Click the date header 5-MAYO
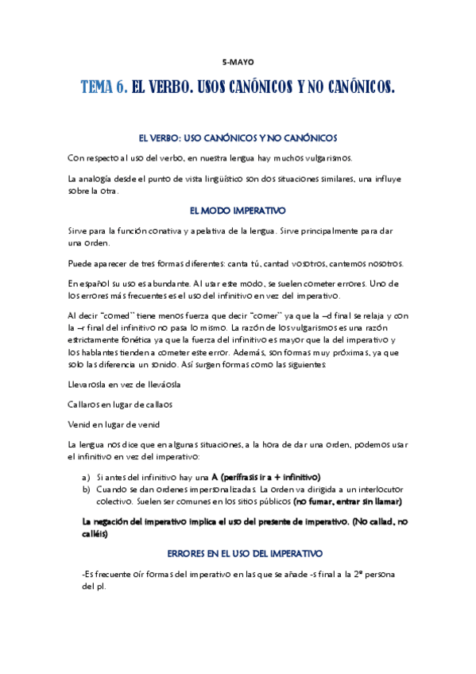[x=238, y=62]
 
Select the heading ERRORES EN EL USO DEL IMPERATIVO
[x=238, y=552]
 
